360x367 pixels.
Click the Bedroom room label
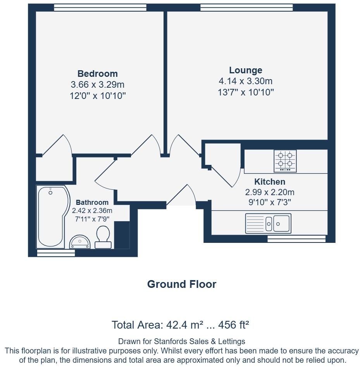[97, 74]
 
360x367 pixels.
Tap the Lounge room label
[245, 70]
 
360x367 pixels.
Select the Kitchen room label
[269, 182]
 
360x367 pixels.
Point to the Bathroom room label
[92, 203]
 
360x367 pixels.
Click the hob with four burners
[285, 161]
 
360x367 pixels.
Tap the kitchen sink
[268, 223]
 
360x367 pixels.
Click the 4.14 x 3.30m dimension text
[245, 81]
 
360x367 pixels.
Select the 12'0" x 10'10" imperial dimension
[98, 96]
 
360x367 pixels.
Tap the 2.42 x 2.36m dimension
[92, 211]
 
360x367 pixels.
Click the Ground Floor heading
[181, 284]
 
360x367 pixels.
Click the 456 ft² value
[234, 324]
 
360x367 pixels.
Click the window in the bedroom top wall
[100, 7]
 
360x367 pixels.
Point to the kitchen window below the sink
[296, 239]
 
